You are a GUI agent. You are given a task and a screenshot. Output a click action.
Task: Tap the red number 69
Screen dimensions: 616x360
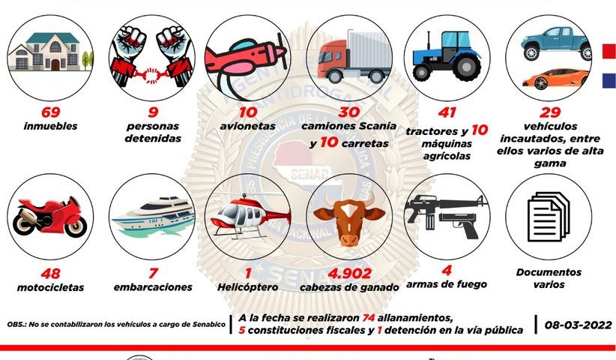[x=51, y=112]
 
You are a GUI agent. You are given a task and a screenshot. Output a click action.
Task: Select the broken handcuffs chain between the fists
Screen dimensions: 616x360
[x=151, y=74]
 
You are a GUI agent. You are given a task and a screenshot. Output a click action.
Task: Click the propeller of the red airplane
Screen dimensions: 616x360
[x=282, y=50]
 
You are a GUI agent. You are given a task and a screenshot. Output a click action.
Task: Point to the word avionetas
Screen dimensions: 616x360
[x=247, y=126]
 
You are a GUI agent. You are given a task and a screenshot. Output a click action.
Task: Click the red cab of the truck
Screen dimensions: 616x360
[x=332, y=59]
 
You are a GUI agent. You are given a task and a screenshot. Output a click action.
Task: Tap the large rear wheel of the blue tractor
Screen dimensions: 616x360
[x=466, y=67]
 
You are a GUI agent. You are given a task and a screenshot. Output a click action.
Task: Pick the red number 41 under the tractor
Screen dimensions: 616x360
[x=447, y=112]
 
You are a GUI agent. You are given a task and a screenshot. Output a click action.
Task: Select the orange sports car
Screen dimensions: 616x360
[x=556, y=78]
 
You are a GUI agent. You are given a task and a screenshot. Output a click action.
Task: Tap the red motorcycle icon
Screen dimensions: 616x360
[x=50, y=217]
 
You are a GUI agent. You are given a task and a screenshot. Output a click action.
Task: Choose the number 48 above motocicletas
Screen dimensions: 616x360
[x=51, y=274]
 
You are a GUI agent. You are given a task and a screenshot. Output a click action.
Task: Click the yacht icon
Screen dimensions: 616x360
[x=153, y=217]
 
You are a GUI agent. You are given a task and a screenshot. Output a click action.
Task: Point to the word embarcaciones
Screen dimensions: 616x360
[x=153, y=287]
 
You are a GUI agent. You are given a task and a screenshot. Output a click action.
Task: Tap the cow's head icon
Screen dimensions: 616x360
[x=349, y=218]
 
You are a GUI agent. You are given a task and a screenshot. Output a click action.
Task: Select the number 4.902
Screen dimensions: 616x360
[x=350, y=274]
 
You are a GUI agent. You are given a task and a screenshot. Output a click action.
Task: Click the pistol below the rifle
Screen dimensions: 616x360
[x=459, y=224]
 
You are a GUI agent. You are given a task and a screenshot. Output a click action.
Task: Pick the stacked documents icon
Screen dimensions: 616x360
[x=549, y=217]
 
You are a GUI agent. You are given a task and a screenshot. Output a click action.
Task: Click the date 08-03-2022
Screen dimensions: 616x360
[x=579, y=325]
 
